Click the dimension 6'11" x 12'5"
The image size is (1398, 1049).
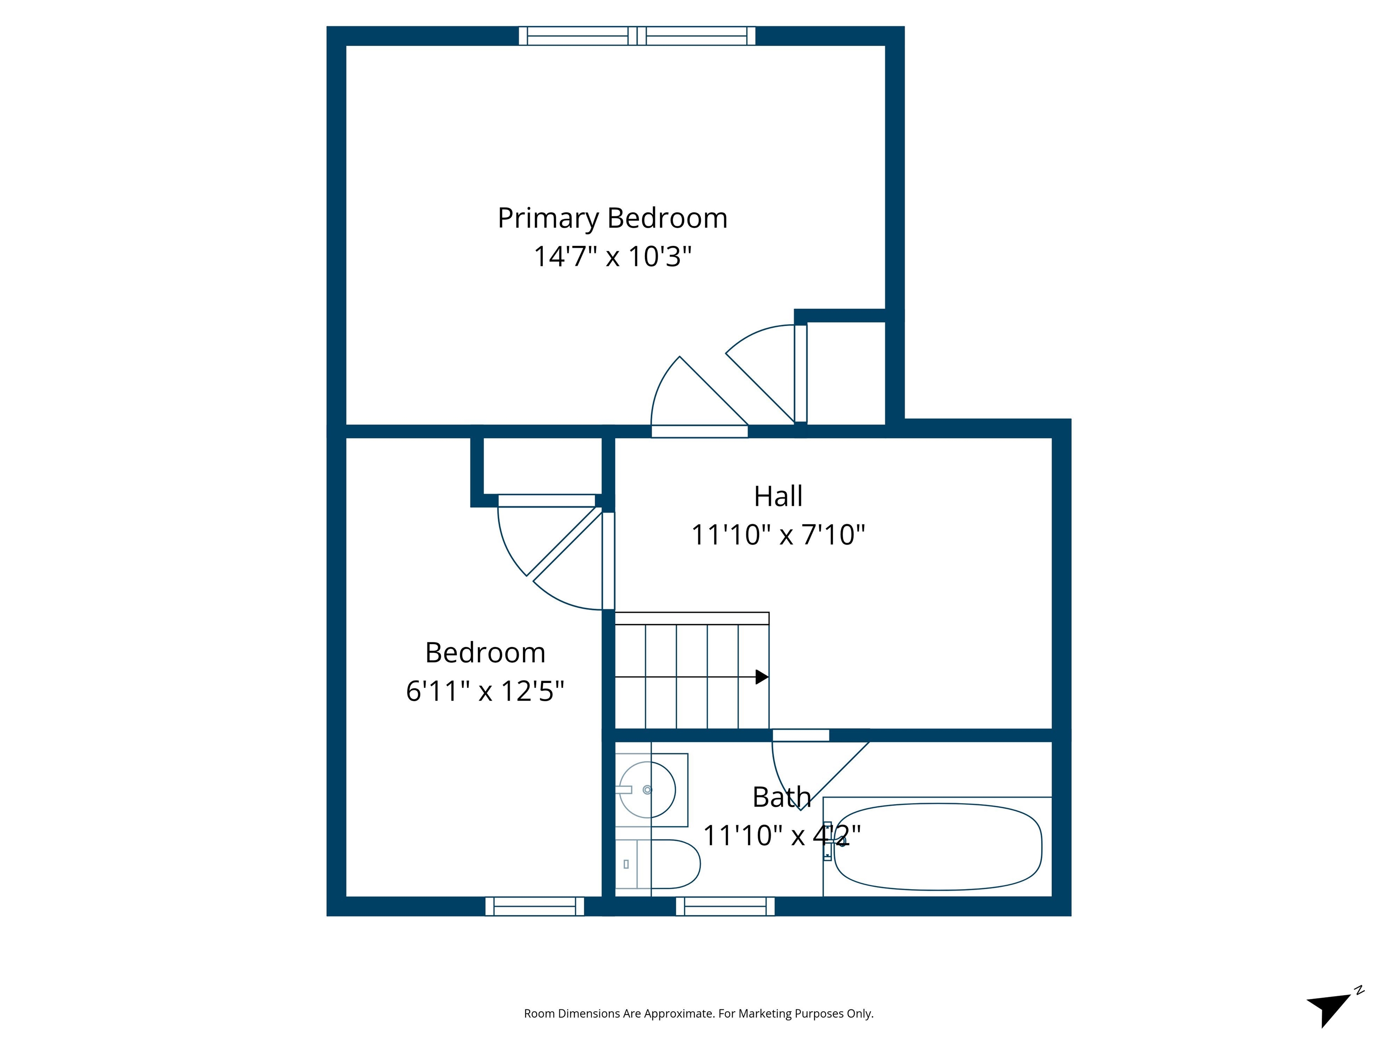(x=485, y=691)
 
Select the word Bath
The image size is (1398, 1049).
(x=781, y=797)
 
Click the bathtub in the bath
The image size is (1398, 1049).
(x=937, y=847)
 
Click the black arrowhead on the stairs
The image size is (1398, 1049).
(x=761, y=677)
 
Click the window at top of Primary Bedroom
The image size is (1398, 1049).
(x=637, y=36)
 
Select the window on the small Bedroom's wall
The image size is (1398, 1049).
(x=535, y=906)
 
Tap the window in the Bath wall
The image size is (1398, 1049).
(x=725, y=906)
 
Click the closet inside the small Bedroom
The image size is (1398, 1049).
(x=542, y=466)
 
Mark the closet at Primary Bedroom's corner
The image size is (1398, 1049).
(x=846, y=373)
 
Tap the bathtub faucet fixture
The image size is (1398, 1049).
(x=827, y=841)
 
